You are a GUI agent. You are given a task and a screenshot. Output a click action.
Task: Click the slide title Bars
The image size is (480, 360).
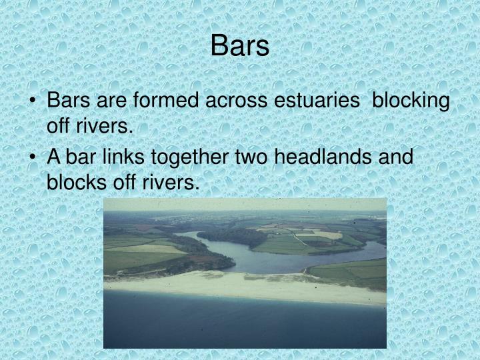[x=240, y=46]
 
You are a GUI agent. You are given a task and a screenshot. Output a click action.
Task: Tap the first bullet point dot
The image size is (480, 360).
[x=34, y=101]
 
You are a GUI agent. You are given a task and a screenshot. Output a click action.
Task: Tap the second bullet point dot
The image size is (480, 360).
[x=34, y=157]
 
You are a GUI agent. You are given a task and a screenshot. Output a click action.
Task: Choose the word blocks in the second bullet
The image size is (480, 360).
[x=73, y=182]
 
